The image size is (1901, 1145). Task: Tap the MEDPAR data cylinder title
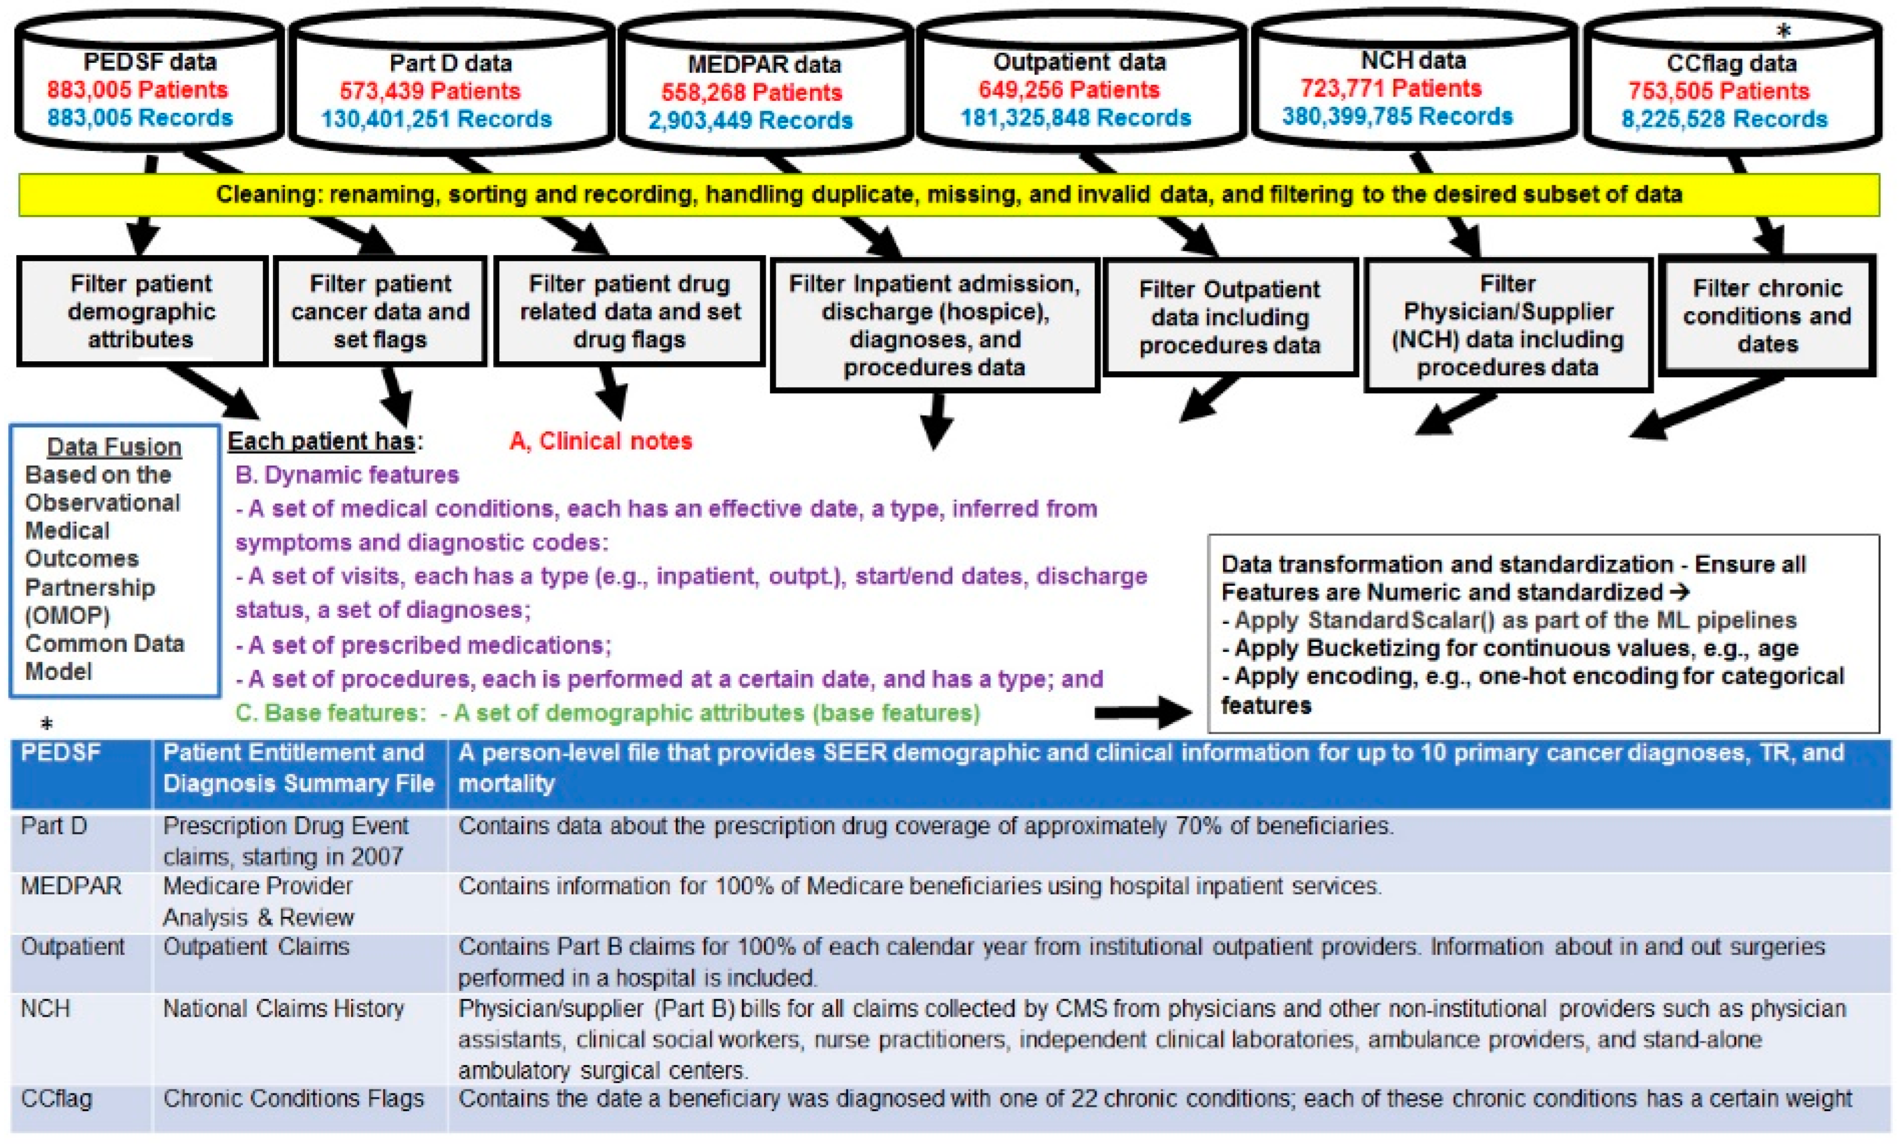point(764,64)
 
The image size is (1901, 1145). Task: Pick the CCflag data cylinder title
point(1731,63)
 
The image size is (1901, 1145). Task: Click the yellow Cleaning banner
point(949,195)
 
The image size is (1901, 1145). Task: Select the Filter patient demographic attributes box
point(141,312)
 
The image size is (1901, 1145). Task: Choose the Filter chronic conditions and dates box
point(1767,316)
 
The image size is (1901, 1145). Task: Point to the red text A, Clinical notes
point(601,441)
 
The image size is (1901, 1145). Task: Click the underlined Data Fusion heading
point(114,447)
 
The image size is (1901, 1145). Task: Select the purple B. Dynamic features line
point(347,474)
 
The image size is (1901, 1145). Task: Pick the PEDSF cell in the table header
point(60,752)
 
